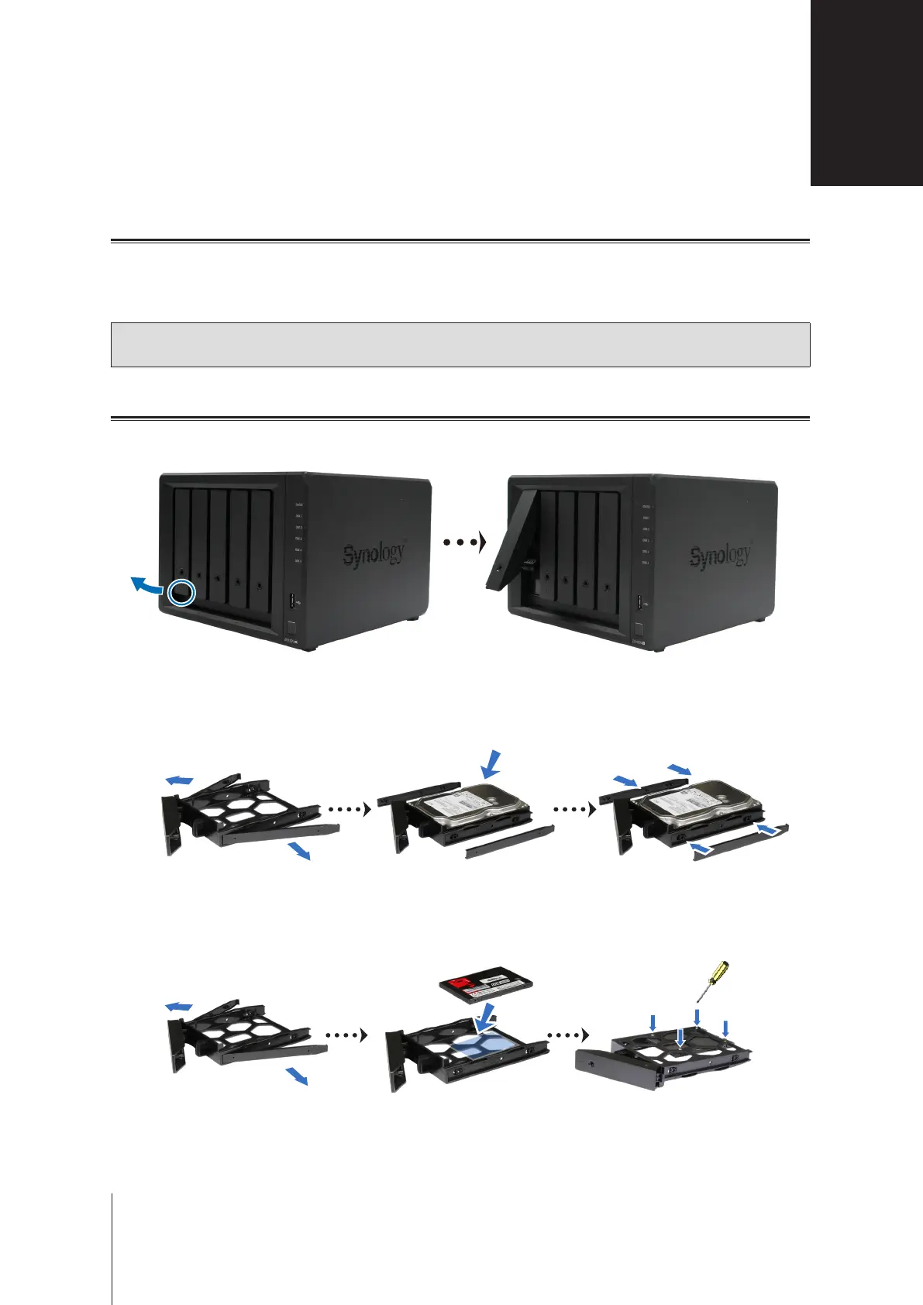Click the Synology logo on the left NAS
374,554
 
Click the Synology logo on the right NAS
720,556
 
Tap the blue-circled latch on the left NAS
183,592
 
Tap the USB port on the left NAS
293,601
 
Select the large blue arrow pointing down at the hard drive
492,763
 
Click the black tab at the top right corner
866,92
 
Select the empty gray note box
460,344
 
